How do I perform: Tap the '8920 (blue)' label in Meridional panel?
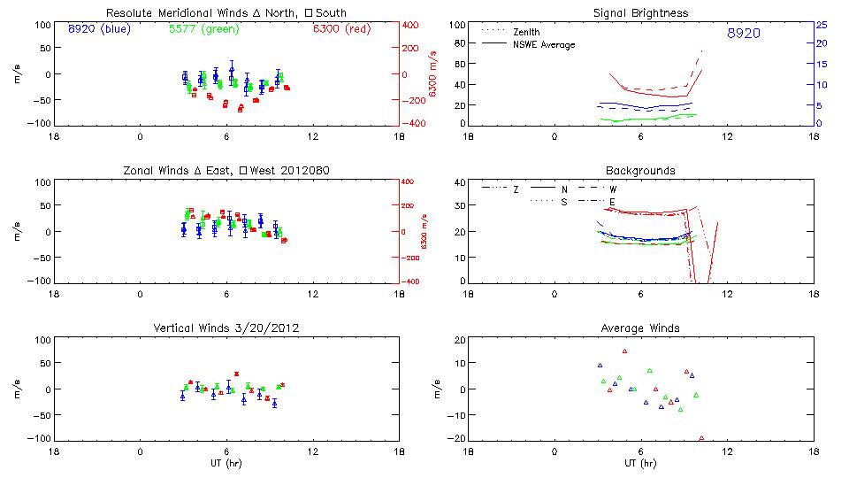pyautogui.click(x=98, y=29)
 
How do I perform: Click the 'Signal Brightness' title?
pyautogui.click(x=641, y=13)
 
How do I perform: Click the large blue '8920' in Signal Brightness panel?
pyautogui.click(x=744, y=34)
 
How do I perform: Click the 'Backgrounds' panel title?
pyautogui.click(x=640, y=170)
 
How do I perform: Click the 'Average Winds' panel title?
pyautogui.click(x=641, y=328)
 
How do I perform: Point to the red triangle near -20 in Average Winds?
pyautogui.click(x=701, y=438)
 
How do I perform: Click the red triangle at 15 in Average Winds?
pyautogui.click(x=624, y=351)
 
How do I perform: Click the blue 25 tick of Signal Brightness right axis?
pyautogui.click(x=822, y=25)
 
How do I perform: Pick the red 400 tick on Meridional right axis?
pyautogui.click(x=412, y=25)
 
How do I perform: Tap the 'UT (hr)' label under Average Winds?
pyautogui.click(x=641, y=464)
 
